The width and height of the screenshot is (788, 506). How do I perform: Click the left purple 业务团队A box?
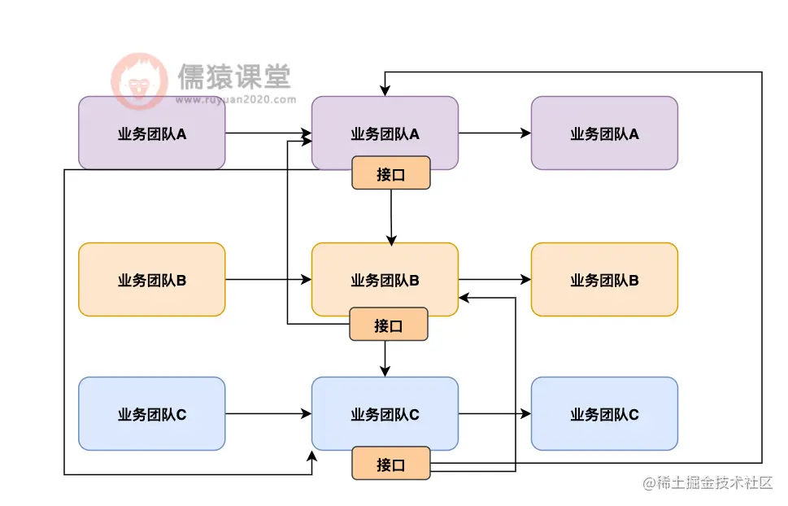point(151,133)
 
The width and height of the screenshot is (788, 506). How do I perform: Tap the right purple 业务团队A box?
point(604,133)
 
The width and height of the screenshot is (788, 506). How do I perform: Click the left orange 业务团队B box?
point(151,279)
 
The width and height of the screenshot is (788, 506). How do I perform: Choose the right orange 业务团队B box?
point(604,279)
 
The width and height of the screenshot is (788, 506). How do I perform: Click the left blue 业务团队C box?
point(151,413)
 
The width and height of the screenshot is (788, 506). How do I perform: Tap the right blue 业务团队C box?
point(604,413)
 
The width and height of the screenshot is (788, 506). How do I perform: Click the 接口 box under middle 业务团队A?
point(390,173)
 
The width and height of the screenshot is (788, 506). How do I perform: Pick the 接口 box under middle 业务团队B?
point(389,325)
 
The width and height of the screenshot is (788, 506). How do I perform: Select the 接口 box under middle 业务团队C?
point(390,464)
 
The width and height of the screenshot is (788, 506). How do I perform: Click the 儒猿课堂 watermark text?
point(233,78)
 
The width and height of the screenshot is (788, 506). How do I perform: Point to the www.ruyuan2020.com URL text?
point(235,101)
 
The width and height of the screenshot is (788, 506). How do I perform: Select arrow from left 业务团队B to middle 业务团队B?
point(268,279)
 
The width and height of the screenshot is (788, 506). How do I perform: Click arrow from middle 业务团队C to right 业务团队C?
point(494,413)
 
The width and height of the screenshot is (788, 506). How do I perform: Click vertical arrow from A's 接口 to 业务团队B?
point(391,216)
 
